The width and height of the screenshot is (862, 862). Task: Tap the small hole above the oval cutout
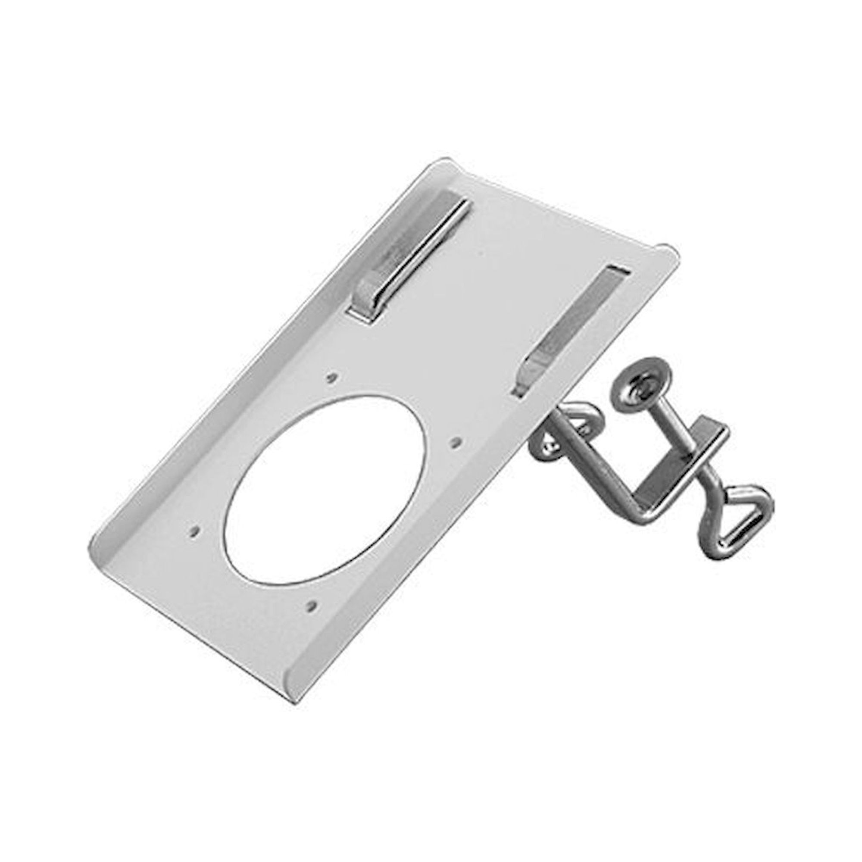(x=331, y=378)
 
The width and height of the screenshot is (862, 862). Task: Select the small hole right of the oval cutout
(x=454, y=442)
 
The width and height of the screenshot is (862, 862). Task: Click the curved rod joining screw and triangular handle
(x=709, y=495)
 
